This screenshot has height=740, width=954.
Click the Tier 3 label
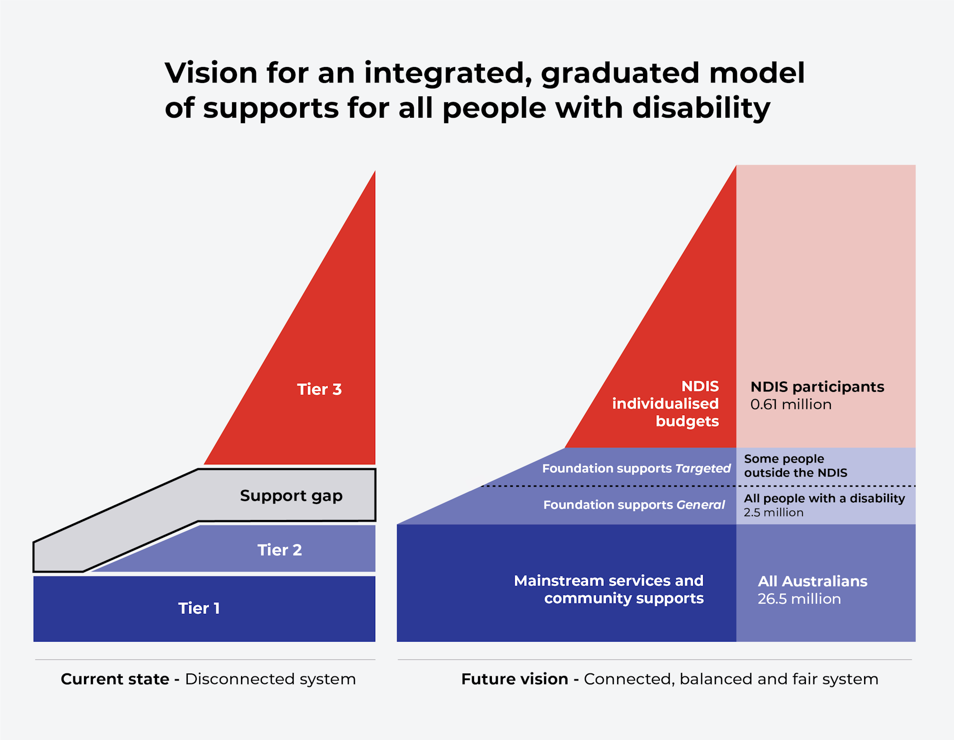319,389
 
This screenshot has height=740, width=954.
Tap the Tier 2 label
279,550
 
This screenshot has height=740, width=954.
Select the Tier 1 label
199,608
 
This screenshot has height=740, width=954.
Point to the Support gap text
291,496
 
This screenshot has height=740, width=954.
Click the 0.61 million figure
791,405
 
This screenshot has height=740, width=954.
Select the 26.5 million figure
799,599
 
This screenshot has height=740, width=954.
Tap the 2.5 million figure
773,513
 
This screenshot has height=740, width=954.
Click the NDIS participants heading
817,387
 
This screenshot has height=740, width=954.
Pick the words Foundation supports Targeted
636,468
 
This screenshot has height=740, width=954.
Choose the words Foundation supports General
634,505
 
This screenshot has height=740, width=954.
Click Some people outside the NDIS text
795,466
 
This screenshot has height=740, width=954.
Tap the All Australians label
812,582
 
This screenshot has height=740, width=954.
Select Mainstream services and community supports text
609,590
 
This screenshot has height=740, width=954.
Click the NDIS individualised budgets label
666,404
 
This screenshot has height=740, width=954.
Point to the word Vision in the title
211,73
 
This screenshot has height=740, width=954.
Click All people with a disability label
824,498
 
